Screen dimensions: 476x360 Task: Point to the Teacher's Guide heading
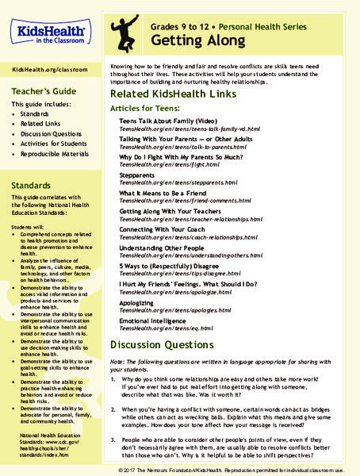click(41, 90)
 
